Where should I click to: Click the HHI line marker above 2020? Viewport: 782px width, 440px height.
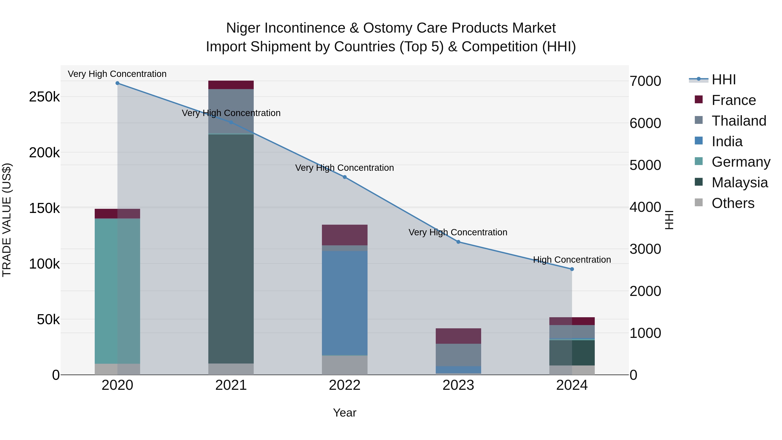coord(118,83)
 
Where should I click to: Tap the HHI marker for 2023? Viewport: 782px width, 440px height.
coord(458,242)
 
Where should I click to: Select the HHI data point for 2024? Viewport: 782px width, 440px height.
coord(572,269)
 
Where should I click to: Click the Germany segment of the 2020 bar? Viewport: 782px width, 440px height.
coord(118,291)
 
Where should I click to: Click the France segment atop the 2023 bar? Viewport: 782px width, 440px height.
coord(458,336)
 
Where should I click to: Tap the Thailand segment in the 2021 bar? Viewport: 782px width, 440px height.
coord(231,111)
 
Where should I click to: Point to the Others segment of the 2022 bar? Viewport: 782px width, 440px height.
coord(345,365)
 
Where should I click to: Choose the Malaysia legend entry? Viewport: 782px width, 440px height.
coord(739,183)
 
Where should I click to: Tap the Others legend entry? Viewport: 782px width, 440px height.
coord(733,203)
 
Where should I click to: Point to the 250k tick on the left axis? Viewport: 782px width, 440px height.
coord(44,97)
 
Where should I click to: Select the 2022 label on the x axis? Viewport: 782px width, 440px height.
coord(345,385)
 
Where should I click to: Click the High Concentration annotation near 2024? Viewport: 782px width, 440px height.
coord(572,260)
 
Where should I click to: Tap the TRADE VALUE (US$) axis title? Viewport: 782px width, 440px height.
coord(7,220)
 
